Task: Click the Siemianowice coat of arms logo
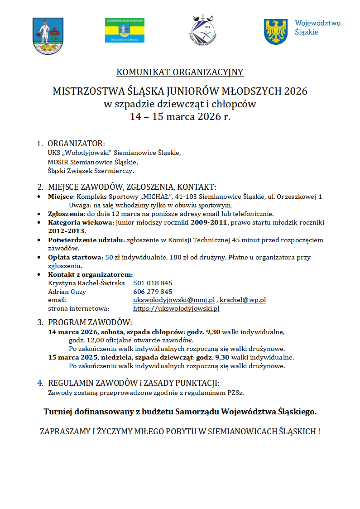click(x=45, y=36)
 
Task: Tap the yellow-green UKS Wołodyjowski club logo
click(x=125, y=31)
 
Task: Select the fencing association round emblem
click(x=203, y=29)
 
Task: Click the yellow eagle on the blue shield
click(x=276, y=32)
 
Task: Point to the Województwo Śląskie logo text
click(x=317, y=28)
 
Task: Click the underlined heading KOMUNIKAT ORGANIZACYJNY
click(x=180, y=72)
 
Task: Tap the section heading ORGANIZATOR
click(x=76, y=144)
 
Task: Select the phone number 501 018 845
click(x=153, y=283)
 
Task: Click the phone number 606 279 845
click(x=153, y=292)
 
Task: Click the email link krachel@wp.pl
click(x=243, y=300)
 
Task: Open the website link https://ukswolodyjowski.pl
click(x=176, y=308)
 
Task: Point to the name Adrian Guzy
click(x=67, y=292)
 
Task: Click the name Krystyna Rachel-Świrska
click(x=86, y=283)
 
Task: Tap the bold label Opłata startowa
click(x=75, y=257)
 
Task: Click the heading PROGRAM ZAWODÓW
click(x=90, y=322)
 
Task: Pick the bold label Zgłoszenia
click(x=65, y=214)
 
